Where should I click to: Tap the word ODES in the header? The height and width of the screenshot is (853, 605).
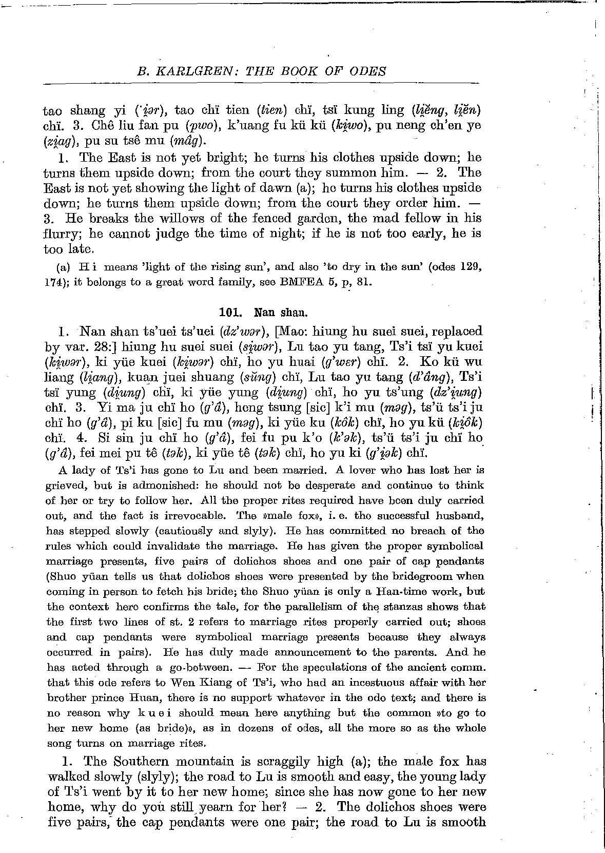366,71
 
